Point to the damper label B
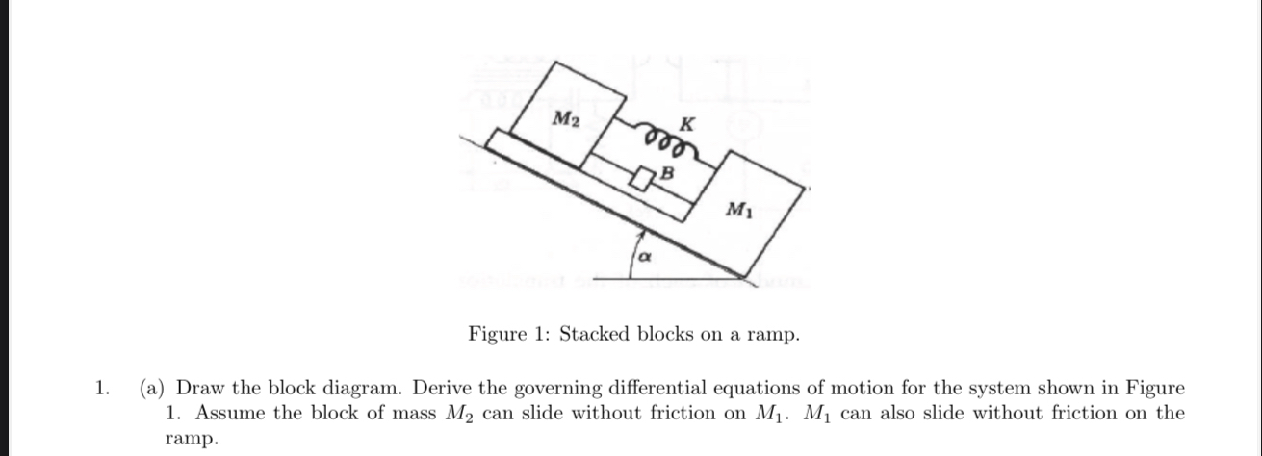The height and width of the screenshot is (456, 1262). click(664, 174)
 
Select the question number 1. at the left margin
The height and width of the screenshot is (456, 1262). click(101, 390)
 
